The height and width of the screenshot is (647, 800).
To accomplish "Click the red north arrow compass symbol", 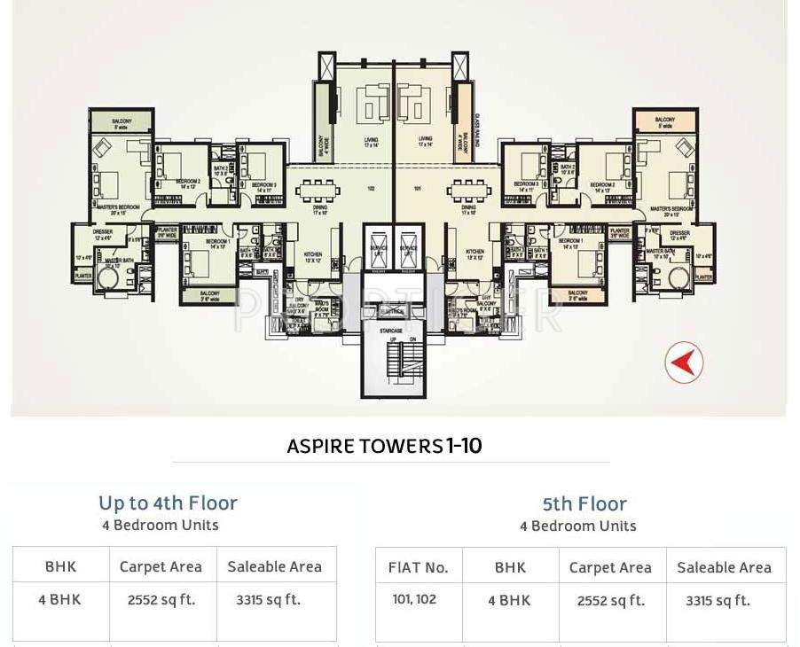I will click(x=684, y=362).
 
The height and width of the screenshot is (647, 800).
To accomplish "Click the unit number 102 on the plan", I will click(x=372, y=188).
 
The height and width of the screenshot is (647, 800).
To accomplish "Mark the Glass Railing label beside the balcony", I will click(x=477, y=133).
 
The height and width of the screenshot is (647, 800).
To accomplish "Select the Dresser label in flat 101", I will click(x=679, y=235).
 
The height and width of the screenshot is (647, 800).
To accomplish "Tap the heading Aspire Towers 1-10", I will click(x=384, y=445).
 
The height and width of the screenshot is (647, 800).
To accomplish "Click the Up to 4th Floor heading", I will click(x=168, y=503).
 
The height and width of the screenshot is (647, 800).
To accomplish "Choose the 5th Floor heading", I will click(x=584, y=504).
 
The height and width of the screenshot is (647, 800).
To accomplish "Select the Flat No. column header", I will click(x=419, y=567).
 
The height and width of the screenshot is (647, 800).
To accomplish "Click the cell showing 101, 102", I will click(x=414, y=599).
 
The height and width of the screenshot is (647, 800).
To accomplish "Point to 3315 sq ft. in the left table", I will click(x=268, y=599).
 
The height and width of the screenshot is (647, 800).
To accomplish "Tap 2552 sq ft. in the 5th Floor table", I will click(x=609, y=600).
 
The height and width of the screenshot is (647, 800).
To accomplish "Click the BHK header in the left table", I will click(x=60, y=566).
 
